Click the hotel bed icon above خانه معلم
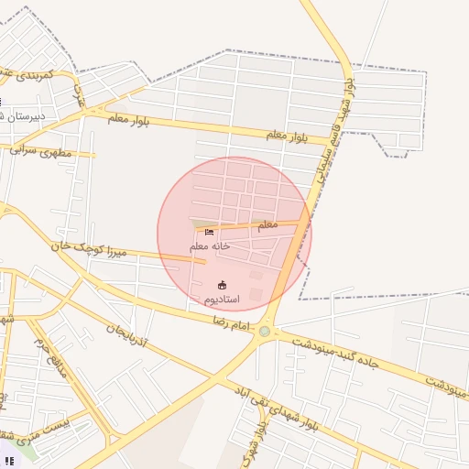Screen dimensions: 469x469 [210, 232]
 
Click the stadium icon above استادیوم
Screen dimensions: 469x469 [221, 284]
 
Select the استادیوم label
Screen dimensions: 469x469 [221, 300]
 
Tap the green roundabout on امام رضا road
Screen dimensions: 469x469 [265, 332]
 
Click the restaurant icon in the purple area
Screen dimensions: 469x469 [8, 461]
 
